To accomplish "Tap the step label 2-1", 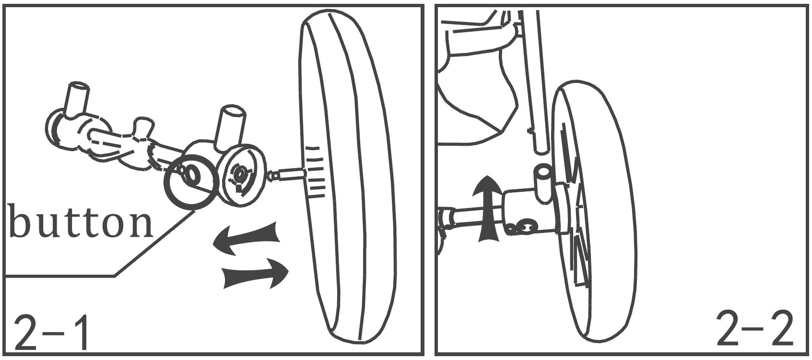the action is coord(51,332).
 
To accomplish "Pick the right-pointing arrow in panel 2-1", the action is coord(255,273).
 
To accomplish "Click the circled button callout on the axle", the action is coord(191,181).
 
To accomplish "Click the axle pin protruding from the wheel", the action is coord(286,174).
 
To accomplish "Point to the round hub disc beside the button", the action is coord(242,175).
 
